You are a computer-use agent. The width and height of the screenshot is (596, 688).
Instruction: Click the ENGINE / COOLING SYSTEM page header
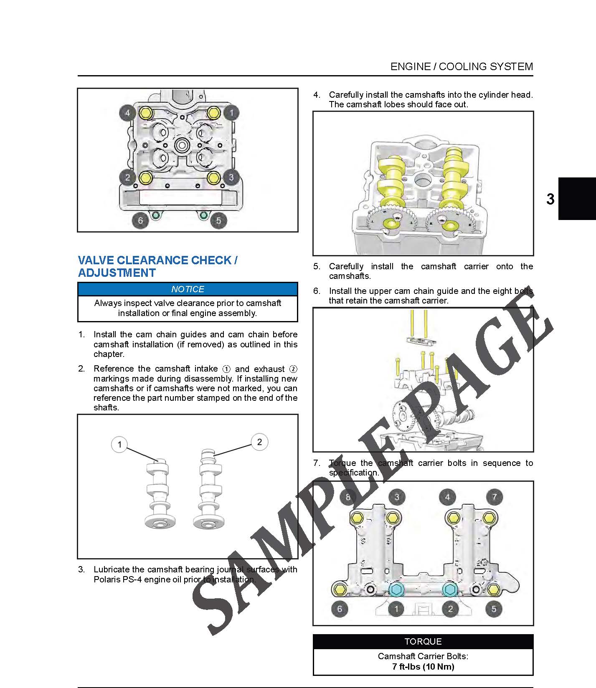[462, 66]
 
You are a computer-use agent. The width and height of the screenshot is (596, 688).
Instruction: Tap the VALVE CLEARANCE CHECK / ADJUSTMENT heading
[158, 266]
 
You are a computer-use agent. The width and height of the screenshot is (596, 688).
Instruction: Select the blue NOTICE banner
[188, 289]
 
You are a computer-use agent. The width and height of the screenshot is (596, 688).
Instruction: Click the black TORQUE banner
[423, 641]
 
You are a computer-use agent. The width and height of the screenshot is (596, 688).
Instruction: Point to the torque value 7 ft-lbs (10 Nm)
[423, 666]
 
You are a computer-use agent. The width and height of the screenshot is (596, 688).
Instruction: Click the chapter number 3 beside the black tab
[550, 199]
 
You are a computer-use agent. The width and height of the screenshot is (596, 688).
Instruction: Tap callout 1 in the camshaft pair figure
[120, 444]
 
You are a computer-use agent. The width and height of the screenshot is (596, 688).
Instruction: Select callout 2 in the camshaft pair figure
[259, 442]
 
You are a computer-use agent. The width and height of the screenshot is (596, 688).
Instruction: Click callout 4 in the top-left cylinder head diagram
[127, 113]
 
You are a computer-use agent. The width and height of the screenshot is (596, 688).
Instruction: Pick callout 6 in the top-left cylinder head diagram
[140, 220]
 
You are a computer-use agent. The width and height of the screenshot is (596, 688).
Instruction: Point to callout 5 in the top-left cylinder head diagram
[218, 220]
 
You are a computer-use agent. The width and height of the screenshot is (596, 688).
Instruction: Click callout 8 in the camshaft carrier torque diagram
[348, 497]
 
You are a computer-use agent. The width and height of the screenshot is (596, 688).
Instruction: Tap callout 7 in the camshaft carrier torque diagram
[495, 497]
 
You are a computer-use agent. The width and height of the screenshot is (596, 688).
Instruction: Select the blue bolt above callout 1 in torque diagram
[396, 589]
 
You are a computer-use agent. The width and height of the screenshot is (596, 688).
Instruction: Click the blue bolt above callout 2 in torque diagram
[450, 589]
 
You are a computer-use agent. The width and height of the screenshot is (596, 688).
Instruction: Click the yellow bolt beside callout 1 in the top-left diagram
[213, 113]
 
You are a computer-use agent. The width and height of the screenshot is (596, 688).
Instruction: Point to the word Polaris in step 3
[107, 579]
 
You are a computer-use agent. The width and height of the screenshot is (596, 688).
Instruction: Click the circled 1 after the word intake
[226, 369]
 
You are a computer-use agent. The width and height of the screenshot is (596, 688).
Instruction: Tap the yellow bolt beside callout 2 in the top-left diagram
[145, 177]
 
